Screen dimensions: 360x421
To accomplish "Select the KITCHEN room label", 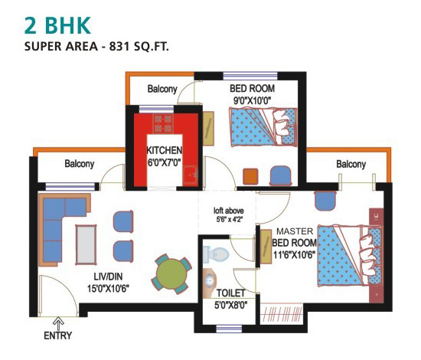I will (x=165, y=150).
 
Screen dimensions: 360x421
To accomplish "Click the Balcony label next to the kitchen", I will (x=162, y=89).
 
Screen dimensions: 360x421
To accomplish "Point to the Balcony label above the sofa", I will (x=80, y=164).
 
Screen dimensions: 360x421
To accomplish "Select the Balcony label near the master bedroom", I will (x=350, y=164).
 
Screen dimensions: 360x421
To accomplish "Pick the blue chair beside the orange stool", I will (x=281, y=175).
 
